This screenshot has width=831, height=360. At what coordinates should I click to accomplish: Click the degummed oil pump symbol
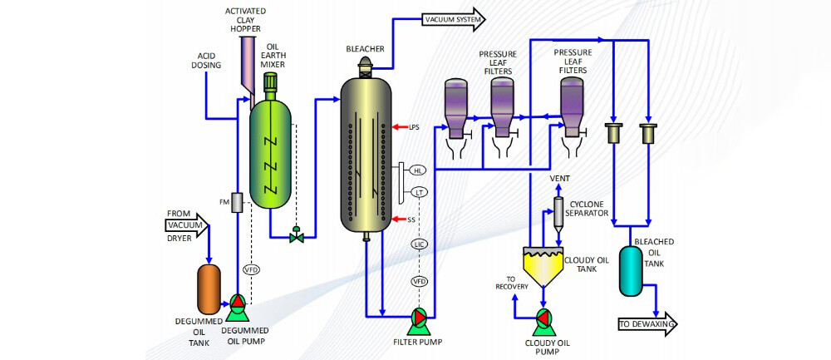point(238,304)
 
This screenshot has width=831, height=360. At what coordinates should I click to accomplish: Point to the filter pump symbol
point(420,318)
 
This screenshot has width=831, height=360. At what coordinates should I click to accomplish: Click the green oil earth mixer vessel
point(271,154)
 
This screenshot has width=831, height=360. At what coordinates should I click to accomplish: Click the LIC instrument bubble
point(419,244)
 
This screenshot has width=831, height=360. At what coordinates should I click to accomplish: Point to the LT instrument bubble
point(419,193)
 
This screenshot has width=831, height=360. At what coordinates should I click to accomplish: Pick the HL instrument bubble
point(419,170)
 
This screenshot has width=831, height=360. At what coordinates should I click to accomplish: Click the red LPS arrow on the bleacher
point(400,127)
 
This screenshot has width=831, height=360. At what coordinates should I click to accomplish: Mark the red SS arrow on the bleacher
point(400,219)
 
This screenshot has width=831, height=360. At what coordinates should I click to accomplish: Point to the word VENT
point(558,179)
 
